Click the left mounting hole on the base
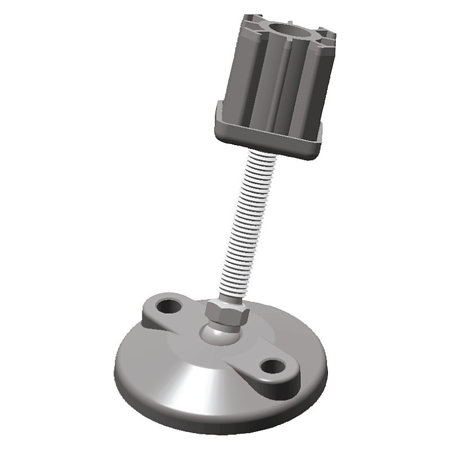coord(168,307)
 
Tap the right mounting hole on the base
coord(273,366)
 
